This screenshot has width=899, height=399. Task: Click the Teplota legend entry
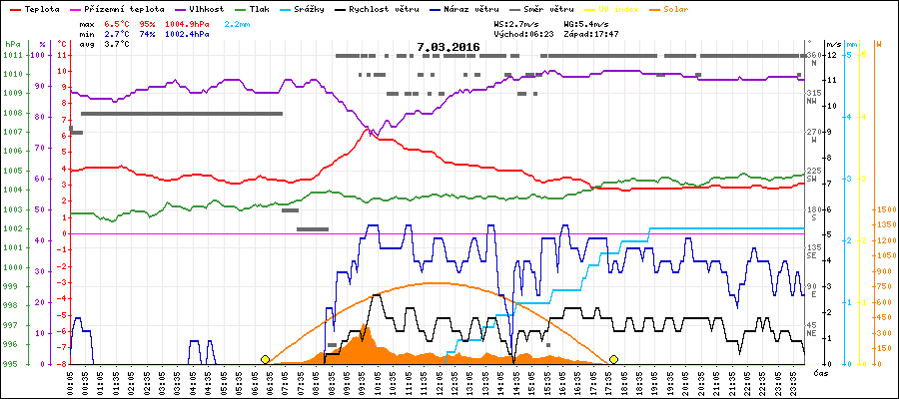click(x=41, y=9)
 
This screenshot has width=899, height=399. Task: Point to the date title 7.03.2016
click(x=449, y=47)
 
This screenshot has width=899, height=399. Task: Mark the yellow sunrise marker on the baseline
click(x=265, y=359)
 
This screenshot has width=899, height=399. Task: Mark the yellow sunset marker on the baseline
click(x=613, y=359)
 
